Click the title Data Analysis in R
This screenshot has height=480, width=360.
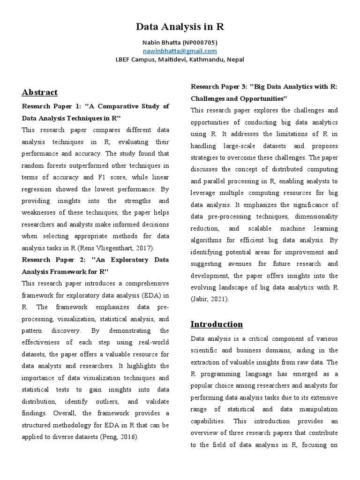coord(180,27)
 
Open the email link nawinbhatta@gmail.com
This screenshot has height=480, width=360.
coord(180,51)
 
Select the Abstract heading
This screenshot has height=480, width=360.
coord(40,92)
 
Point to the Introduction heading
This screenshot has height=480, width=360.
coord(217,324)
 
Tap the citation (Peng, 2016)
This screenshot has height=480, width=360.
coord(119,437)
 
